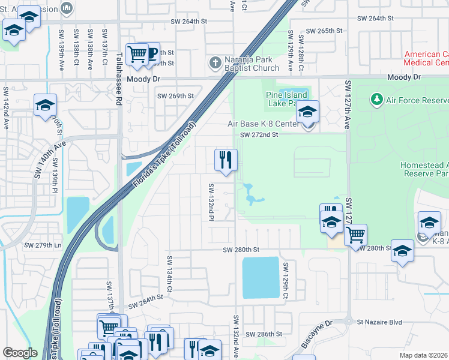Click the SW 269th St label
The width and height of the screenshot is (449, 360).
[x=175, y=95]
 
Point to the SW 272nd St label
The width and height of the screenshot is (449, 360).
[x=259, y=135]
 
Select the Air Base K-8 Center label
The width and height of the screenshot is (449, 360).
[x=263, y=124]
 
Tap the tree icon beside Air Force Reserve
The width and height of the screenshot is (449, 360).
[x=376, y=98]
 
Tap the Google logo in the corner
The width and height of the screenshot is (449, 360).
[x=20, y=353]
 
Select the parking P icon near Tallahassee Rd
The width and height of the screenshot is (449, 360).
[x=152, y=53]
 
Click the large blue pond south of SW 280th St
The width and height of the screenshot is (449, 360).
[x=261, y=278]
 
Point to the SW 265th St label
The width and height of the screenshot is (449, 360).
[x=324, y=31]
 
